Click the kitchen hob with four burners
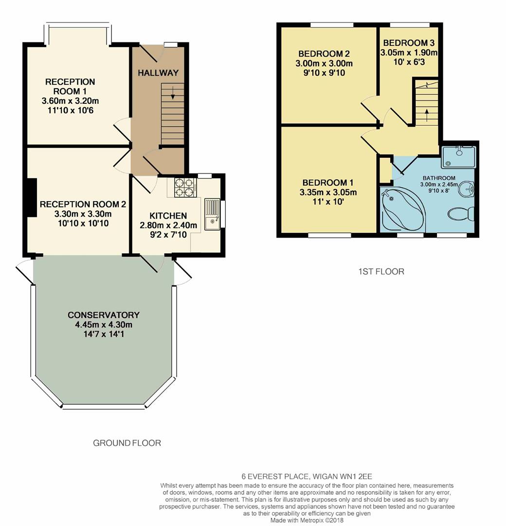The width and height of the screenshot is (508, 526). coord(184,188)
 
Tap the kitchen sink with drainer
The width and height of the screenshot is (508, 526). coord(212,214)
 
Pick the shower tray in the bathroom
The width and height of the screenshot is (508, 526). coord(458,155)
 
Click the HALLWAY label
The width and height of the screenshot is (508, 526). coord(158,73)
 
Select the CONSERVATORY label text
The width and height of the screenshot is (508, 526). coord(104,315)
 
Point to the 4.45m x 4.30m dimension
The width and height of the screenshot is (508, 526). coord(104,325)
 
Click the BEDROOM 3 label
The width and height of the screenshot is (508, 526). coord(409,43)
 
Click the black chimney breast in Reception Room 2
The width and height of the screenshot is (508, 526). coord(32,198)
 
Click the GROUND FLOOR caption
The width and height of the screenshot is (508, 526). coord(127,443)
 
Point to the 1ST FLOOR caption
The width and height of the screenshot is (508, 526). coord(378,272)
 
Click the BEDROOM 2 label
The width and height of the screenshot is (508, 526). coord(324,54)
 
